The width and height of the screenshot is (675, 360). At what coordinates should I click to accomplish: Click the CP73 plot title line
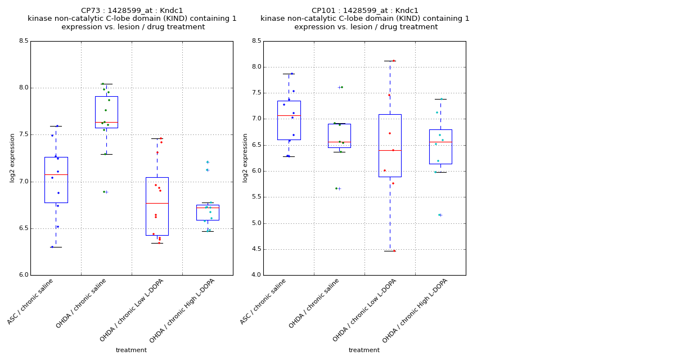[132, 11]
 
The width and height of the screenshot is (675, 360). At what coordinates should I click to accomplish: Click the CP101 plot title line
[364, 11]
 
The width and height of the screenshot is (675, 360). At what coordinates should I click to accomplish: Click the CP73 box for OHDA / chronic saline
[106, 111]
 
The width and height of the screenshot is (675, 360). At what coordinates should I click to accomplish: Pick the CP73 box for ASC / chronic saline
[56, 179]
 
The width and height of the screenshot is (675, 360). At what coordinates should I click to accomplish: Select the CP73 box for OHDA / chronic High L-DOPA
[208, 213]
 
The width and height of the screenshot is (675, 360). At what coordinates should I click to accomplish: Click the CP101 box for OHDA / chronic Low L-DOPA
[390, 145]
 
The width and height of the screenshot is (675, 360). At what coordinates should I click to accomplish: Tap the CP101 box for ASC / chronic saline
[289, 120]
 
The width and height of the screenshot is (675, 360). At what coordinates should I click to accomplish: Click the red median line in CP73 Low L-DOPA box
[157, 203]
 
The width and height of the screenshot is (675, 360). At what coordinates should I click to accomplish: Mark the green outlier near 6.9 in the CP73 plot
[103, 192]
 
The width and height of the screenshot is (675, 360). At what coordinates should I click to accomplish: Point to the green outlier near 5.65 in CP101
[336, 188]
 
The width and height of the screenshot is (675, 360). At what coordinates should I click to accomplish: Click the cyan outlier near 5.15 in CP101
[439, 215]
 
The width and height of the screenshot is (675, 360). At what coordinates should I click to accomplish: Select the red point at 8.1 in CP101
[393, 61]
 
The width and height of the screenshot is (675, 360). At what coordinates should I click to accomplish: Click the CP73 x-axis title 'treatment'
[131, 350]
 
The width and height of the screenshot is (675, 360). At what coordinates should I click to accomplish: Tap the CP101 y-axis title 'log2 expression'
[245, 157]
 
